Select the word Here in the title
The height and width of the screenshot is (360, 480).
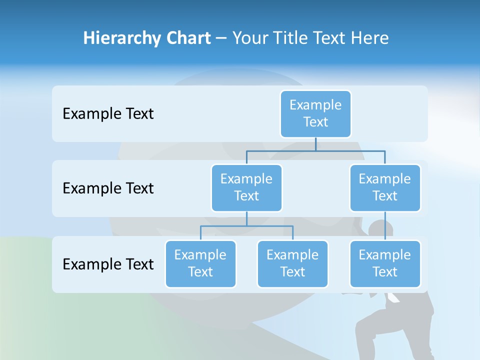[369, 38]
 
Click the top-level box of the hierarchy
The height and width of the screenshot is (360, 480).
[315, 113]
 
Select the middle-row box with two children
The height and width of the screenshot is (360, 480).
[246, 187]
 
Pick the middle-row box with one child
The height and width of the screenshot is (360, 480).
[385, 187]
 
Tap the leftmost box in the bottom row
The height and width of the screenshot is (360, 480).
[200, 263]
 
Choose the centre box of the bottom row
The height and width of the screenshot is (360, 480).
[292, 263]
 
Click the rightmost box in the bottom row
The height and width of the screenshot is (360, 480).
[385, 263]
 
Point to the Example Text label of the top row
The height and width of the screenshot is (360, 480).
[108, 113]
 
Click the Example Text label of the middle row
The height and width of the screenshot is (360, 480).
[108, 188]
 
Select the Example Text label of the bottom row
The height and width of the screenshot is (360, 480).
[108, 264]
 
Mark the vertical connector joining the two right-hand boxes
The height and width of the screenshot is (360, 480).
[385, 225]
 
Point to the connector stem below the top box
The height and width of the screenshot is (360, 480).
[315, 144]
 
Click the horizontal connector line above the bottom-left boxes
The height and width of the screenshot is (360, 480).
[246, 226]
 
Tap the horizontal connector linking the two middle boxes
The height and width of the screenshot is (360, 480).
[315, 150]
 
